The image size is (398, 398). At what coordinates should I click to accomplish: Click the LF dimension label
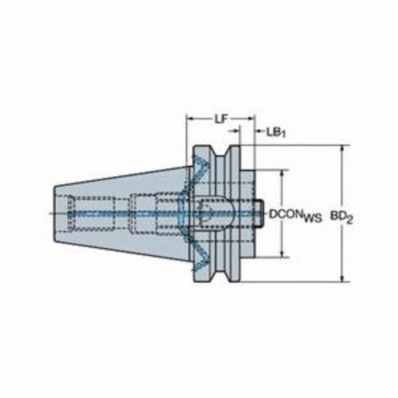(221, 119)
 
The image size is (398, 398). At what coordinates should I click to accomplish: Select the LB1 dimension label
(276, 132)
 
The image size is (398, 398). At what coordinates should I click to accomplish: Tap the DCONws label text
(295, 215)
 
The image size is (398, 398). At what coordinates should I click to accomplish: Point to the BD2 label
(341, 217)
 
